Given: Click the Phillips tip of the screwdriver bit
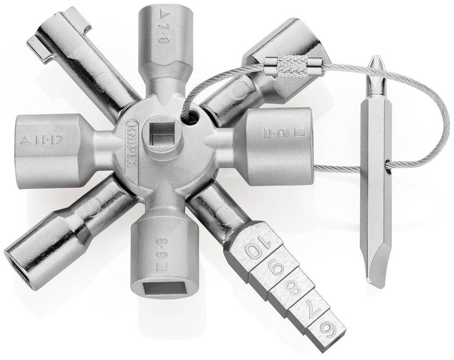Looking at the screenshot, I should coord(376,64).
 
